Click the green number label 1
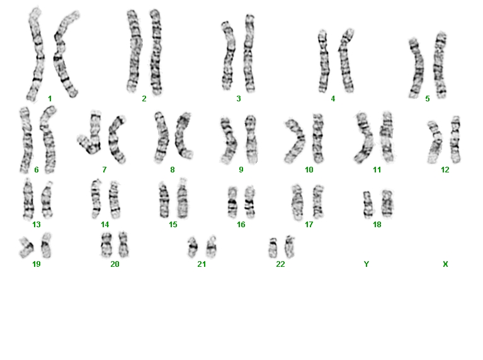click(x=50, y=99)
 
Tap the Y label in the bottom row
click(x=367, y=264)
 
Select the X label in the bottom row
click(x=445, y=264)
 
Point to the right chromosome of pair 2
click(x=156, y=52)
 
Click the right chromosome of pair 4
click(x=346, y=61)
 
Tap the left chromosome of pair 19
click(x=26, y=247)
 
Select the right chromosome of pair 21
click(x=212, y=247)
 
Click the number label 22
click(x=280, y=264)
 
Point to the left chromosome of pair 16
click(x=232, y=202)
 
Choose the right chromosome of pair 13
click(x=47, y=200)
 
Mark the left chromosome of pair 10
click(x=294, y=141)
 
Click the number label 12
click(x=445, y=170)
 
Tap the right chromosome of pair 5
click(x=440, y=65)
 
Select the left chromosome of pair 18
click(x=368, y=205)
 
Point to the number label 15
click(x=173, y=225)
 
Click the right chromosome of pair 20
click(x=123, y=245)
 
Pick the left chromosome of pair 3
click(x=227, y=56)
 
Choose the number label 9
click(x=241, y=170)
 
